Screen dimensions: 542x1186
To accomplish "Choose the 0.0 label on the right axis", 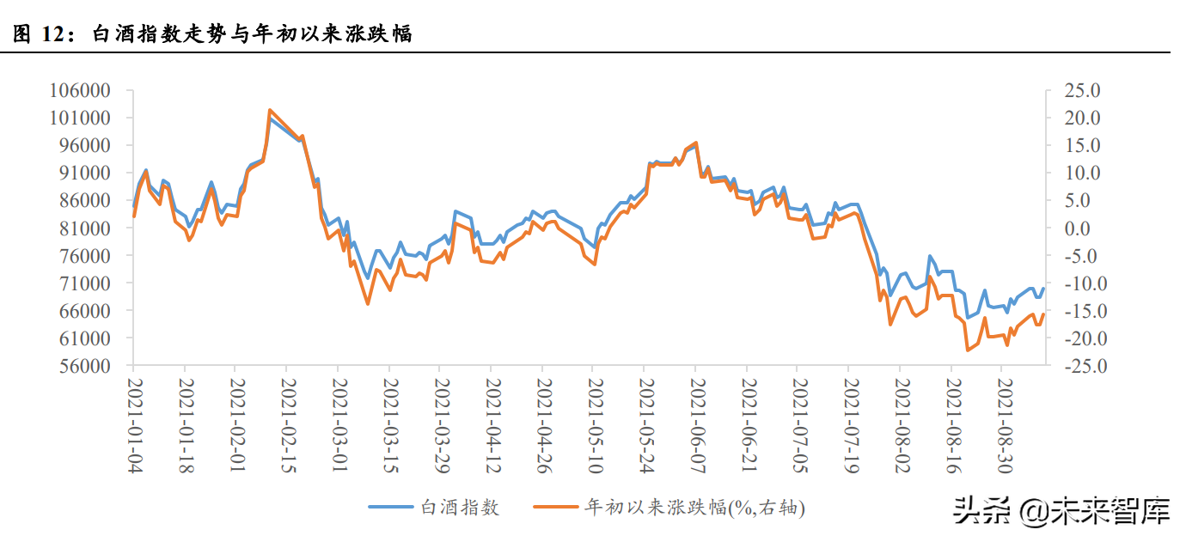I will pyautogui.click(x=1075, y=228).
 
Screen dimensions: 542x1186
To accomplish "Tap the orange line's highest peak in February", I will pyautogui.click(x=270, y=110).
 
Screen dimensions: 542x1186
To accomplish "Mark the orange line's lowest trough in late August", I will pyautogui.click(x=968, y=350).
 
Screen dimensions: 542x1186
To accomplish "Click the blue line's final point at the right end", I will pyautogui.click(x=1043, y=289).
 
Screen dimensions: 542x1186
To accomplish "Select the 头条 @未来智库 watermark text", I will pyautogui.click(x=1061, y=513).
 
